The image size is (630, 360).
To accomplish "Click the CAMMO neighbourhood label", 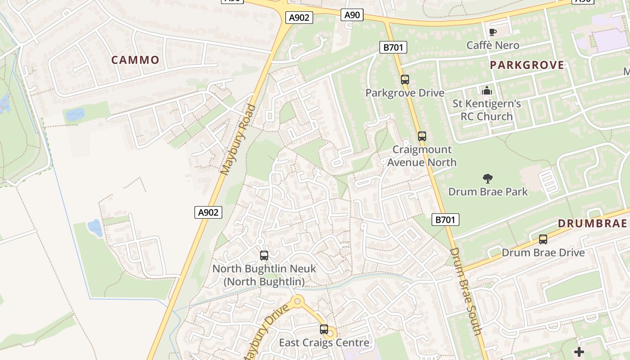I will click(135, 60).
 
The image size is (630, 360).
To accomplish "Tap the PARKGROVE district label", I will click(526, 65).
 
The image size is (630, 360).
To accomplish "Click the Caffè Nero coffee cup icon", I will click(493, 32).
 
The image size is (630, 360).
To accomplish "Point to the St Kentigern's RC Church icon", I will click(486, 91).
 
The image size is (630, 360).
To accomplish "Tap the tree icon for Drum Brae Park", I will click(487, 179).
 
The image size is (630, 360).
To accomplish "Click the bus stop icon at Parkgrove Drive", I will click(405, 80).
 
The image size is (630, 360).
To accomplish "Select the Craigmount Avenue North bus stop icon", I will click(422, 136).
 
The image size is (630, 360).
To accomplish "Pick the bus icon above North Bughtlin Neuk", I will click(264, 256).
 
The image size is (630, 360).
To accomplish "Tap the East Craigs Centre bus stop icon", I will click(324, 329).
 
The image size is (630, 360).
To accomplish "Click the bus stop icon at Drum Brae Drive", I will click(543, 239).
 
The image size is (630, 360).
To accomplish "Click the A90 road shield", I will click(352, 15).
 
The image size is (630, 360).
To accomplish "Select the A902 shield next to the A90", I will click(299, 18).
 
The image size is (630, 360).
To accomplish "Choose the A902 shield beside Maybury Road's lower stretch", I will click(208, 212).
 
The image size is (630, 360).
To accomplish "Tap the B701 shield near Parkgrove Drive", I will click(393, 47).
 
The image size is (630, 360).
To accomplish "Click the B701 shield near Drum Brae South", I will click(446, 220).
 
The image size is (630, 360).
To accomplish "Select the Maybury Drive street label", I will click(265, 333).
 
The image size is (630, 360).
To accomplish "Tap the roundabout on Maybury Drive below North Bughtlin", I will click(297, 301).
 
